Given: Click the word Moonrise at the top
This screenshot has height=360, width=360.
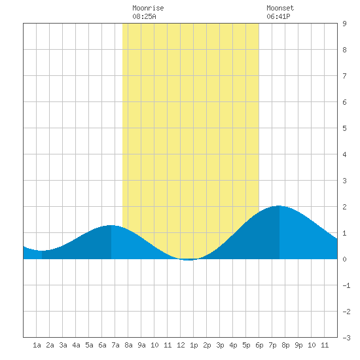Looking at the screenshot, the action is tap(148, 8).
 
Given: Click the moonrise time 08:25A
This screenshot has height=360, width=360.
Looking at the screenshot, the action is tap(144, 16).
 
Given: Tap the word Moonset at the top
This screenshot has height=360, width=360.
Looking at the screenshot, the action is tap(280, 8).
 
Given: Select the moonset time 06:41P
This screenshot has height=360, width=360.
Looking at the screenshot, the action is tap(278, 16).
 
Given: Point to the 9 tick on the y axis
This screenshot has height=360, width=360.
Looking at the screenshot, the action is tap(344, 24).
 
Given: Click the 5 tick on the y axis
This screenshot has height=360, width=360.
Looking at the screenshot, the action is tap(344, 128).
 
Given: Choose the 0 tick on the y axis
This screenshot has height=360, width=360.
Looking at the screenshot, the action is tap(344, 259).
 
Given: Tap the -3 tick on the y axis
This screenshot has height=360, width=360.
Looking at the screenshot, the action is tap(346, 338).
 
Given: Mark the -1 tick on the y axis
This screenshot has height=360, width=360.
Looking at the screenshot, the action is tap(346, 285).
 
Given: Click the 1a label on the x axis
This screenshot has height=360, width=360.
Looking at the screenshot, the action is tap(37, 345).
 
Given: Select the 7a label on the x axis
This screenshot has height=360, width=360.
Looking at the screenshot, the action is tap(115, 345).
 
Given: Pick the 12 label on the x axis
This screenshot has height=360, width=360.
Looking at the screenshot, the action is tap(181, 345).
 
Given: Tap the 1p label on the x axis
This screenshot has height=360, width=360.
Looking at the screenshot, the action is tap(194, 345).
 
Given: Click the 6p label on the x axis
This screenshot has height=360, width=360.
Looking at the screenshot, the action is tap(259, 345).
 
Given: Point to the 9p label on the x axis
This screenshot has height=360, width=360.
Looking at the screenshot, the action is tap(298, 345).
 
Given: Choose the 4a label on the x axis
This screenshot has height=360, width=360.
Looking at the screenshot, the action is tap(76, 345).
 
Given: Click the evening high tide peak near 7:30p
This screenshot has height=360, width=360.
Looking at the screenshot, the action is tap(279, 206).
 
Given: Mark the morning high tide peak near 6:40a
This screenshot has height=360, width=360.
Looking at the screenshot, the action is tap(111, 225).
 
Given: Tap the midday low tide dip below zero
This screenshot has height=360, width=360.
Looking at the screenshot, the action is tap(189, 260).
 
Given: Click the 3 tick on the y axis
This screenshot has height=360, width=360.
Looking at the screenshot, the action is tap(344, 181).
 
